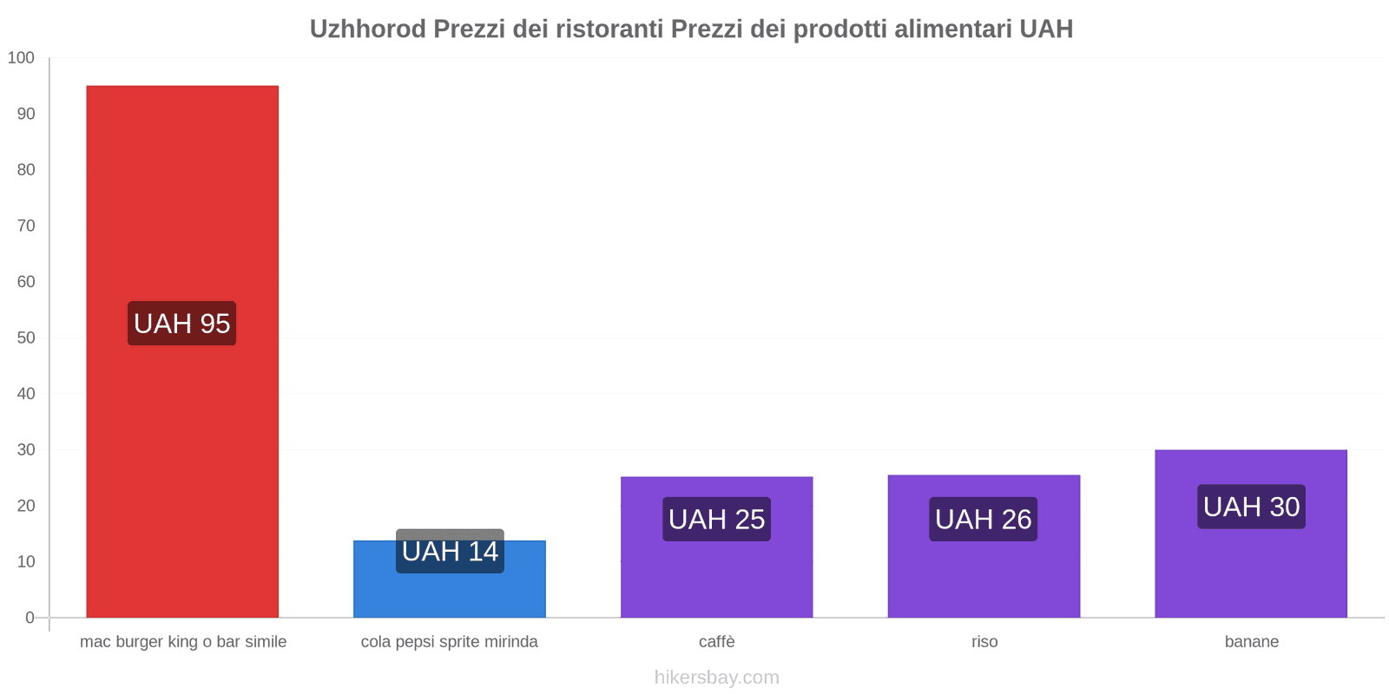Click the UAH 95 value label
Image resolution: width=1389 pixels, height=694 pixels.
[x=182, y=324]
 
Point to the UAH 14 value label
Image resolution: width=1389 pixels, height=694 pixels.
[x=450, y=551]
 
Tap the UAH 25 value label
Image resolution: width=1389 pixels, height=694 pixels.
[x=716, y=519]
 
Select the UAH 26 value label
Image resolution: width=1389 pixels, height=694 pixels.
[x=984, y=519]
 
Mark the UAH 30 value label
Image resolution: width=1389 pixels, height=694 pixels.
[x=1251, y=507]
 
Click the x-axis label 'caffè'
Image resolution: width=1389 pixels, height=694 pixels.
[x=716, y=642]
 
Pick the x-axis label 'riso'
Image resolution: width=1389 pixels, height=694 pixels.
[x=984, y=642]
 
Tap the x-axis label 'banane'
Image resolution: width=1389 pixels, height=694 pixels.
[x=1251, y=642]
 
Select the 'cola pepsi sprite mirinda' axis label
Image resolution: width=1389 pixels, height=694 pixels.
[x=450, y=642]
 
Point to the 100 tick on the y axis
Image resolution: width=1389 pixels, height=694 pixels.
[x=21, y=58]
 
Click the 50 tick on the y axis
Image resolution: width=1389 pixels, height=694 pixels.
[x=26, y=337]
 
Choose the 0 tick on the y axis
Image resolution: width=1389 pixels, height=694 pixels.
[x=30, y=618]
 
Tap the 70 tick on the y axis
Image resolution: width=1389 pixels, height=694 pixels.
[x=26, y=226]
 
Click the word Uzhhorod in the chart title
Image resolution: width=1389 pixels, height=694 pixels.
[x=368, y=29]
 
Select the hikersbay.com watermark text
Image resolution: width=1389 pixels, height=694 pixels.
[x=716, y=678]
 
